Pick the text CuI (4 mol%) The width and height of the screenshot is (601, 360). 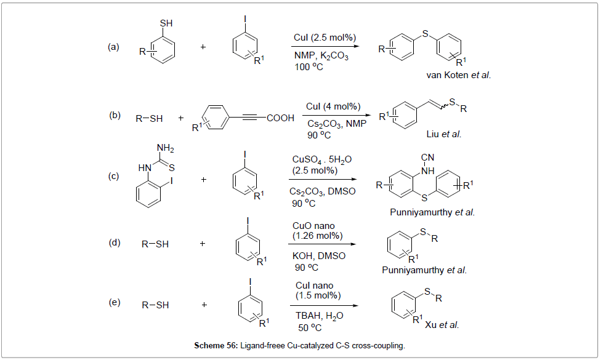[333, 106]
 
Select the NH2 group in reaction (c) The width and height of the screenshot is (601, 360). [165, 148]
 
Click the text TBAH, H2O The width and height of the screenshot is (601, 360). [318, 316]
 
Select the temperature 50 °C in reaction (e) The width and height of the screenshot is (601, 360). [309, 327]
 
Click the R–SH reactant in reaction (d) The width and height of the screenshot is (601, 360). [155, 244]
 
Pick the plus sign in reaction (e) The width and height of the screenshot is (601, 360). [204, 305]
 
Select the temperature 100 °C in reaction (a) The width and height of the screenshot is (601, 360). [309, 66]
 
